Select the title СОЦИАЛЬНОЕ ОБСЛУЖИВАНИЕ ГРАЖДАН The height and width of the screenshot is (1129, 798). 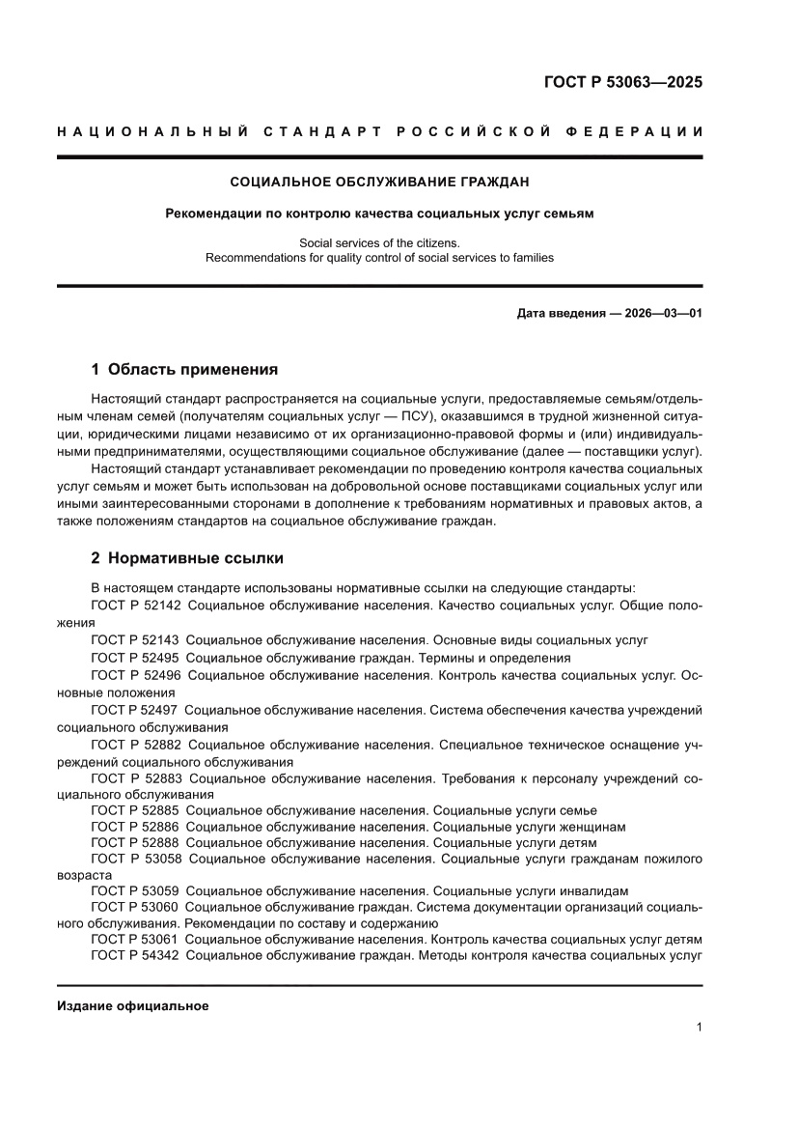click(x=379, y=181)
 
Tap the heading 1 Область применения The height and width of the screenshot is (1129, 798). click(x=184, y=369)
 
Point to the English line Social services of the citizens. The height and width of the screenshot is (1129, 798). click(x=379, y=242)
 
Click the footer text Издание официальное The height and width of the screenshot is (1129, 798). click(x=133, y=1005)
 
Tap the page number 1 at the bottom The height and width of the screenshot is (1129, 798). click(x=698, y=1029)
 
